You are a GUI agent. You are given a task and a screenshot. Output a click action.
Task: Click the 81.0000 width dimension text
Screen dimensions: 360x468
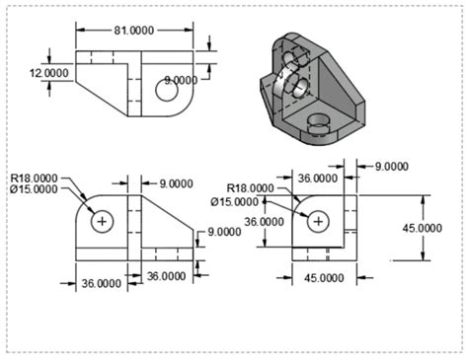tap(133, 31)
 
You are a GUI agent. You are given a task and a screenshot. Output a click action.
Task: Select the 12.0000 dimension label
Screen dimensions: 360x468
tap(48, 73)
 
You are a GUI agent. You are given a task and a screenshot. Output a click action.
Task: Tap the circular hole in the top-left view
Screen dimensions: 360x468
tap(165, 92)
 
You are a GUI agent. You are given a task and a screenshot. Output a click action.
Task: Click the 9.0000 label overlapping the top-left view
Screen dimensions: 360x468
tap(181, 79)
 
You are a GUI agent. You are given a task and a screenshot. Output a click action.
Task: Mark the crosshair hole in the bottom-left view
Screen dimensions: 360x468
tap(102, 222)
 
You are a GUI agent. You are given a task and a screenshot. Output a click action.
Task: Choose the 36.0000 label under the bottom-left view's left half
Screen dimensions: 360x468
tap(101, 283)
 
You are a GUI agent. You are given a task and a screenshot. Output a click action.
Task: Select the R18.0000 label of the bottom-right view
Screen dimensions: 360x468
tap(250, 187)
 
